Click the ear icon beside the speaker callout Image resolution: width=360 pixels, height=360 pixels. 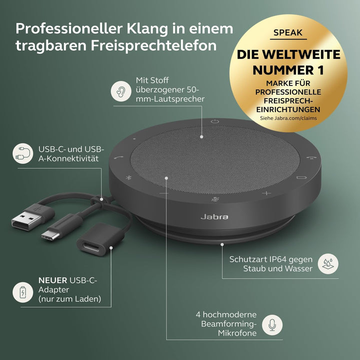[x=120, y=91]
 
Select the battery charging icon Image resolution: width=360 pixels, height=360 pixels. [x=21, y=292]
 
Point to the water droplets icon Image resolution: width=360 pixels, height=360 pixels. [x=328, y=263]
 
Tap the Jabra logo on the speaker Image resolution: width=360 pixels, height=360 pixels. [x=214, y=216]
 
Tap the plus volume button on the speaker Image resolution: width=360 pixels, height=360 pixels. [x=266, y=193]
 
